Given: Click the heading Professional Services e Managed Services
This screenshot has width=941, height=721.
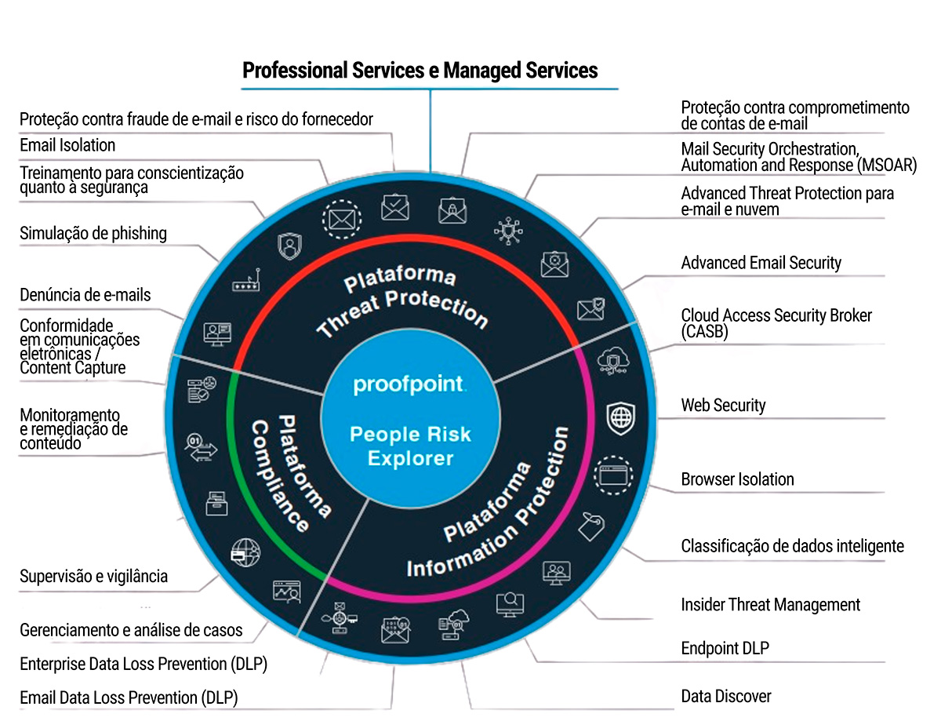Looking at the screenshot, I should [420, 71].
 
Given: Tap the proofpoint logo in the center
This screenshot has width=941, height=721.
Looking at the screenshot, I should [409, 385].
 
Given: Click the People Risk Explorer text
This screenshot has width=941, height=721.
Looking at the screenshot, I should [411, 446].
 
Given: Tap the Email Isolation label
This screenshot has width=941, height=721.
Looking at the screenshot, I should [67, 145].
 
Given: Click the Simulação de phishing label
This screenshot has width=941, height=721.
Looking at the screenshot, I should [93, 233].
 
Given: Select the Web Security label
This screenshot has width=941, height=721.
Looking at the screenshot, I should [723, 406].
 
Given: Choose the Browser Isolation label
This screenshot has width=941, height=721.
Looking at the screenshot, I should [737, 479].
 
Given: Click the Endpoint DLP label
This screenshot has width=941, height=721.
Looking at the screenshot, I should [725, 648].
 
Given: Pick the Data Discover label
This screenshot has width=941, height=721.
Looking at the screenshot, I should [726, 696].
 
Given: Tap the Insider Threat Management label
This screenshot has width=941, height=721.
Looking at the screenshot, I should [770, 605].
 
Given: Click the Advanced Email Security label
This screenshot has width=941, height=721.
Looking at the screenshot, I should [761, 263].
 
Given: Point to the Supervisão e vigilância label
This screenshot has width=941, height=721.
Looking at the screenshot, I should [93, 577].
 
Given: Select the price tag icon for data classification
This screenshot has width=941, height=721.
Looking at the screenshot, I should [593, 526].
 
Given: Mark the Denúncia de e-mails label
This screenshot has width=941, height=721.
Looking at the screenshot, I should [85, 295].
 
